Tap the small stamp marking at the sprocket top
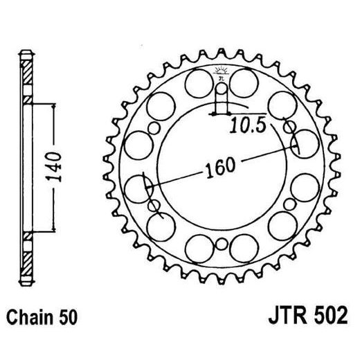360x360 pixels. click(221, 71)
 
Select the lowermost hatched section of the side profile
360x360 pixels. click(26, 265)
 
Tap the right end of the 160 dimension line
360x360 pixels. click(297, 146)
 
